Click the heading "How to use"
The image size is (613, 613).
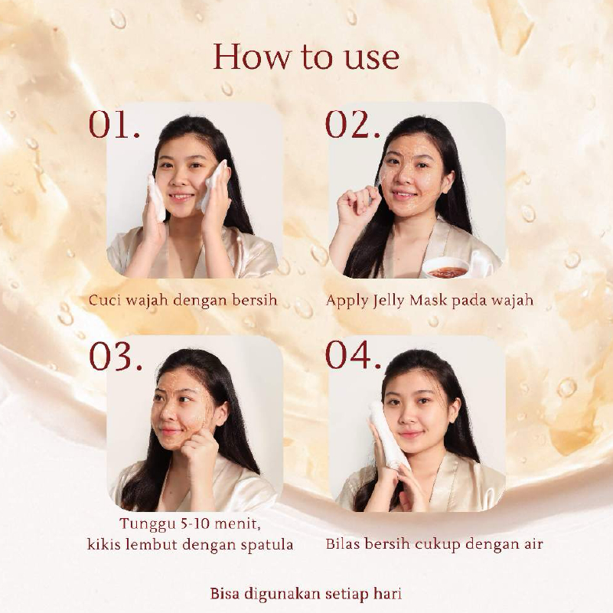tap(306, 57)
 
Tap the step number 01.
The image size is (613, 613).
tap(114, 124)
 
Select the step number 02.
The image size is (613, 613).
tap(353, 124)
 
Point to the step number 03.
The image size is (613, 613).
tap(116, 356)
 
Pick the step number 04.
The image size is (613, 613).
tap(353, 355)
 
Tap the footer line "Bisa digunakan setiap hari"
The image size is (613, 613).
tap(305, 593)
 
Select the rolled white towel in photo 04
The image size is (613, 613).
tap(388, 434)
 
